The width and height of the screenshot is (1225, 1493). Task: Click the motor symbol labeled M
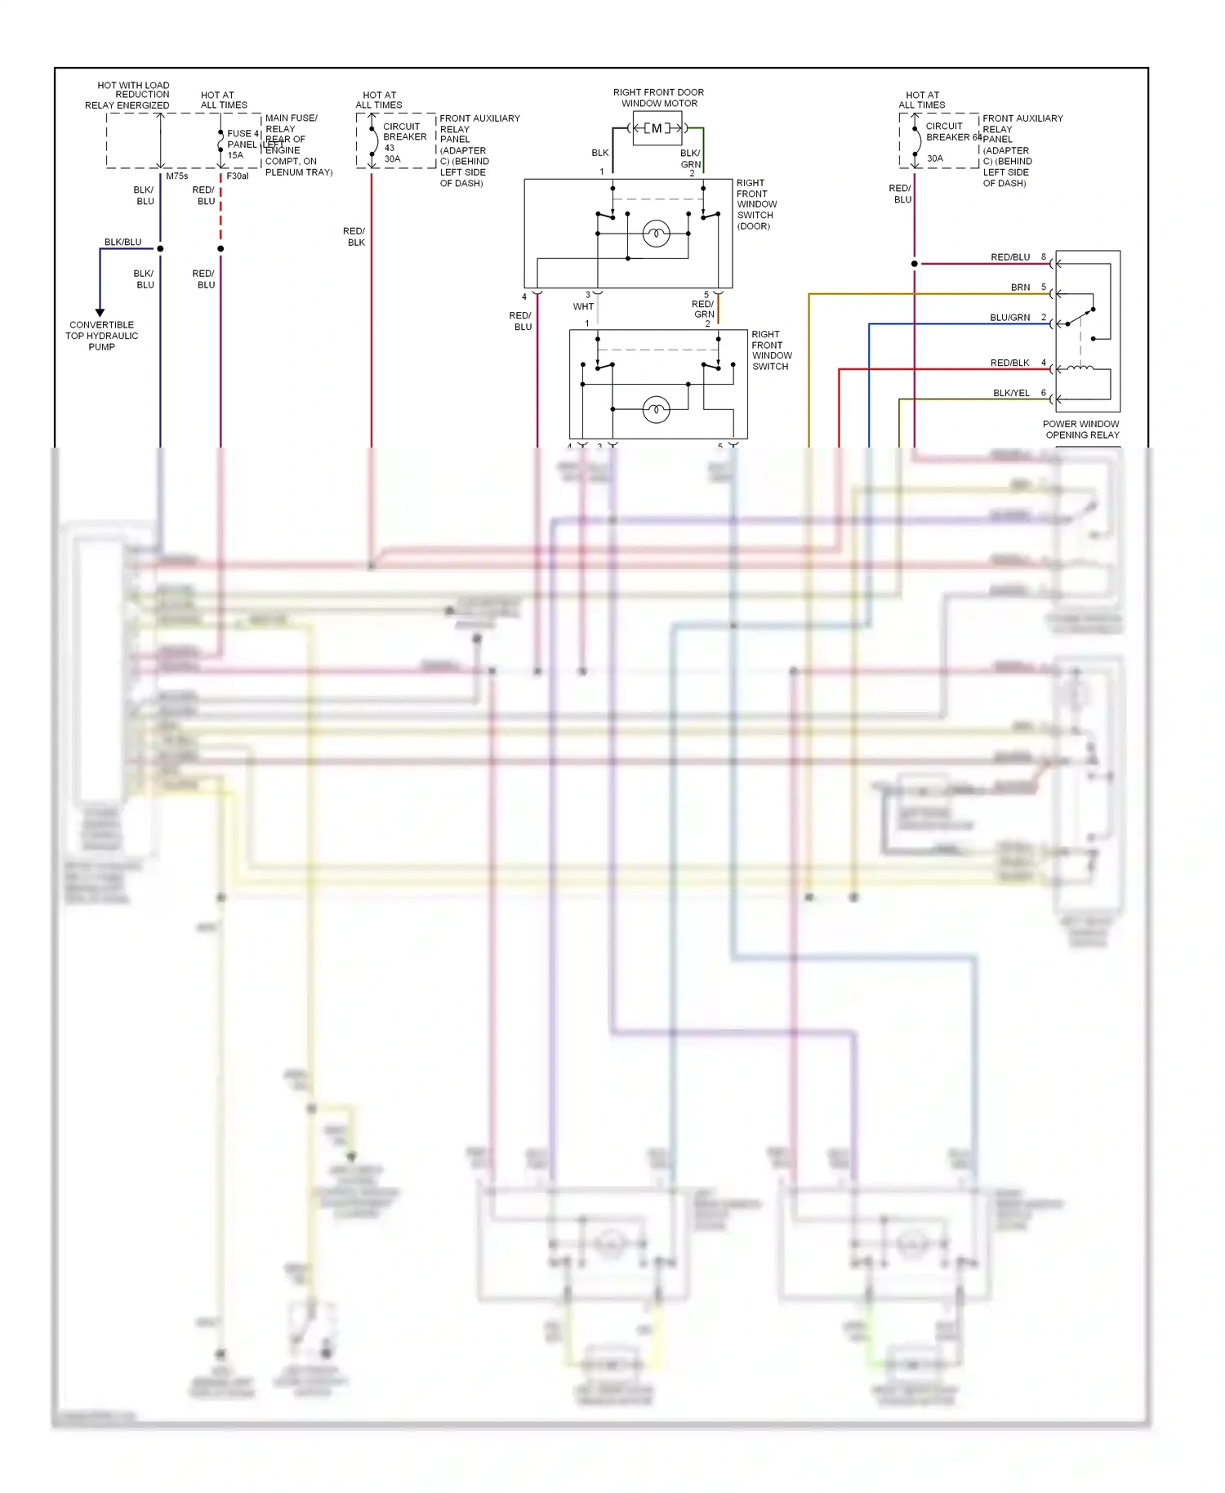(x=657, y=128)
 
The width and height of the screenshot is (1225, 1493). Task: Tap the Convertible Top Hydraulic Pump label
(x=102, y=336)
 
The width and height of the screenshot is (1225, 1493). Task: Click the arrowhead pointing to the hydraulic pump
(x=100, y=312)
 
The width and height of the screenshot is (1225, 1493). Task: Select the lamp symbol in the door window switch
(x=656, y=234)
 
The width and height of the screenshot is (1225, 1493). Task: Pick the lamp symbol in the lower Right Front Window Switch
(x=656, y=408)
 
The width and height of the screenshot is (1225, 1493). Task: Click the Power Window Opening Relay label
(x=1081, y=430)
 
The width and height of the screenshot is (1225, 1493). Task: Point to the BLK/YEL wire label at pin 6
(x=1011, y=393)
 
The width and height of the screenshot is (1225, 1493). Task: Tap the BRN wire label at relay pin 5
(x=1020, y=287)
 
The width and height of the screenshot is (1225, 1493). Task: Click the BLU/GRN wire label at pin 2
(x=1009, y=318)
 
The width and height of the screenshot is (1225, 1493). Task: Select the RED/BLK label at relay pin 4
(x=1009, y=363)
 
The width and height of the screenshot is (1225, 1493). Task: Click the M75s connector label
(x=176, y=176)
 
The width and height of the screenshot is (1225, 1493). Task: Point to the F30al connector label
(x=237, y=176)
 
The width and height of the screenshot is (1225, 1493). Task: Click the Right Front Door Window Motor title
(x=658, y=98)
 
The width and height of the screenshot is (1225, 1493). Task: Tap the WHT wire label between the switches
(x=583, y=307)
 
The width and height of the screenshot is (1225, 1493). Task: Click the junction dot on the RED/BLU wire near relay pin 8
(x=914, y=264)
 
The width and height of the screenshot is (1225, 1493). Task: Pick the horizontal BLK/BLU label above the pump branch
(x=122, y=243)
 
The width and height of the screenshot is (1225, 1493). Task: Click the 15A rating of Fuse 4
(x=235, y=155)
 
